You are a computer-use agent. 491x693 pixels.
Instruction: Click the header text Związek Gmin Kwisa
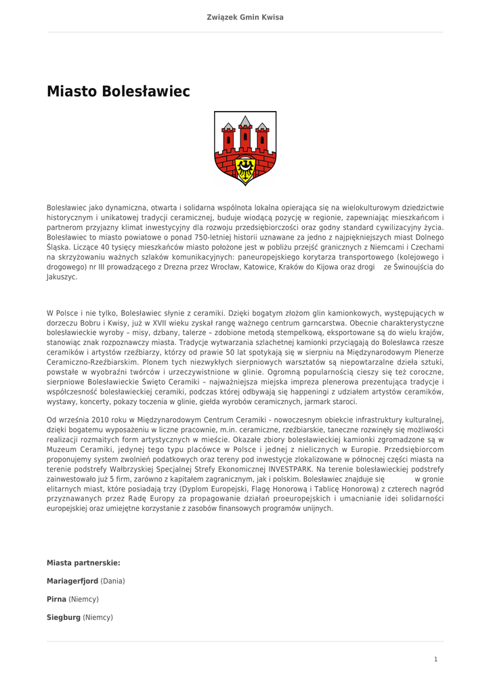click(x=245, y=17)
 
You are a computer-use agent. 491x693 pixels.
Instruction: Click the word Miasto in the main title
click(x=72, y=91)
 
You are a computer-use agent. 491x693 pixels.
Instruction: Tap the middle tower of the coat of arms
click(x=245, y=131)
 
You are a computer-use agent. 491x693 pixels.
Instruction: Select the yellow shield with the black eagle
click(x=245, y=166)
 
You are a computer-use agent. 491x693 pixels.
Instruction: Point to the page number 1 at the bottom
click(x=436, y=659)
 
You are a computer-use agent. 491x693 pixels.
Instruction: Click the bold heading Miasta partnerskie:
click(x=83, y=562)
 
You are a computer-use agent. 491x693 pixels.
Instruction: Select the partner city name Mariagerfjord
click(x=72, y=581)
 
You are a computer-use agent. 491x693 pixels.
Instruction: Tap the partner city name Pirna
click(x=56, y=599)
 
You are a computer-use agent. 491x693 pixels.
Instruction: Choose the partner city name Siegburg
click(x=64, y=617)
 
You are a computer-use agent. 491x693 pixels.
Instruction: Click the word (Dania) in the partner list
click(x=112, y=581)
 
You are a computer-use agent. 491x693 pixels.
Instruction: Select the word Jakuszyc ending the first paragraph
click(x=61, y=277)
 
